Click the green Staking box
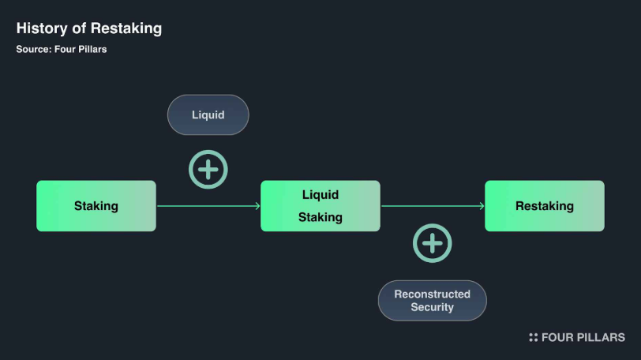(96, 206)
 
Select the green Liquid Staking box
(320, 206)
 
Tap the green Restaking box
(544, 206)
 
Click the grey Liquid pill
(208, 115)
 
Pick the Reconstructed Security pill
(432, 300)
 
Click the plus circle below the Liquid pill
(208, 169)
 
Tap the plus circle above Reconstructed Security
(433, 243)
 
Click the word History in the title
(39, 28)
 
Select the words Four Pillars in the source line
(81, 49)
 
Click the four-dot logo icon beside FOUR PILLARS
(534, 337)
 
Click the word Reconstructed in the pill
(432, 294)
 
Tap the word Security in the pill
(432, 307)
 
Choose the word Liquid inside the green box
(320, 195)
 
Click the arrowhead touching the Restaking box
(482, 206)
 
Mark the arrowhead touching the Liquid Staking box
(257, 206)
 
